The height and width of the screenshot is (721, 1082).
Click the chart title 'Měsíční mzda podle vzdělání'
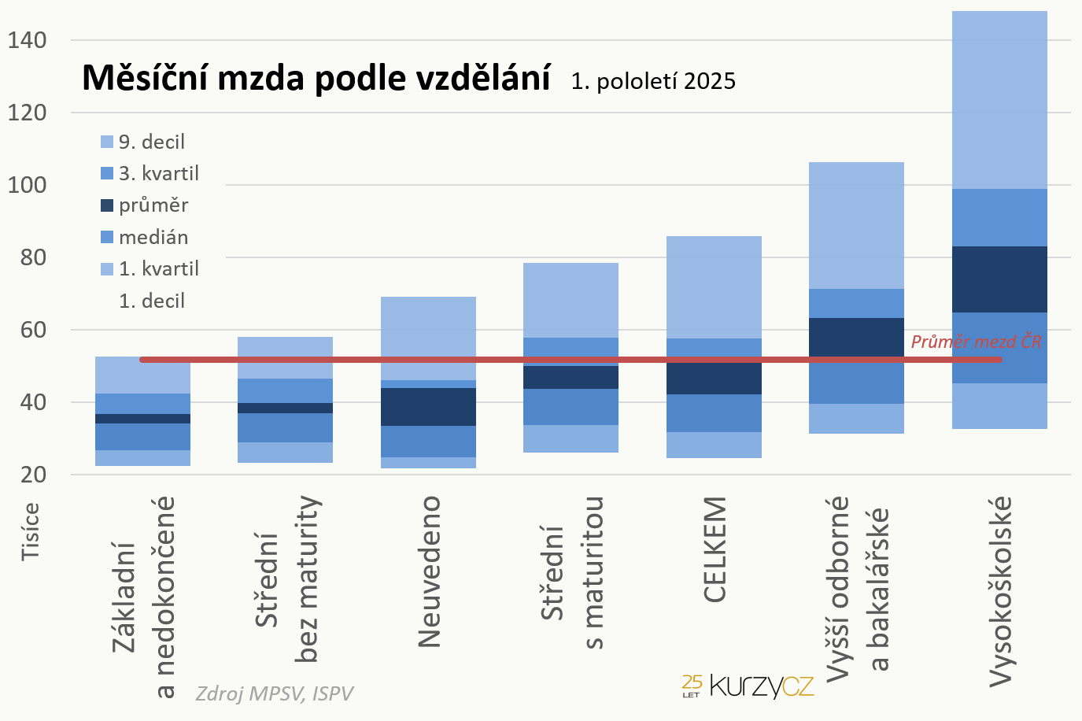(x=316, y=78)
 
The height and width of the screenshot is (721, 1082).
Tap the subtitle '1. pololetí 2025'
(x=653, y=81)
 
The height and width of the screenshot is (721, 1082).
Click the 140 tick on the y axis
(x=27, y=40)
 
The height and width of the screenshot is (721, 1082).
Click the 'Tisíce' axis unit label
(x=30, y=531)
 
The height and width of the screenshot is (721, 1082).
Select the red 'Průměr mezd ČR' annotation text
(x=976, y=342)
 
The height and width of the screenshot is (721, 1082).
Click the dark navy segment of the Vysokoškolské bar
(x=999, y=279)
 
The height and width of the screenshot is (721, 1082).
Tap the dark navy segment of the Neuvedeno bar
(x=428, y=407)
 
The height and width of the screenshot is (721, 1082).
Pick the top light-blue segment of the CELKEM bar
(x=714, y=287)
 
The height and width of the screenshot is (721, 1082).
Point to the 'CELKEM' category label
(x=714, y=549)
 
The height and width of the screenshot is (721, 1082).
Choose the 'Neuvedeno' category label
(x=429, y=571)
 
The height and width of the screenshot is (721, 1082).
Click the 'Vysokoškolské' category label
(x=999, y=590)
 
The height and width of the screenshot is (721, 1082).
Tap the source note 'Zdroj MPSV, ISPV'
(x=274, y=693)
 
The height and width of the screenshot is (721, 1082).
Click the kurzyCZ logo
(x=748, y=686)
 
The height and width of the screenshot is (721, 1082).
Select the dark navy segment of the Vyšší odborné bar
(x=856, y=337)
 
